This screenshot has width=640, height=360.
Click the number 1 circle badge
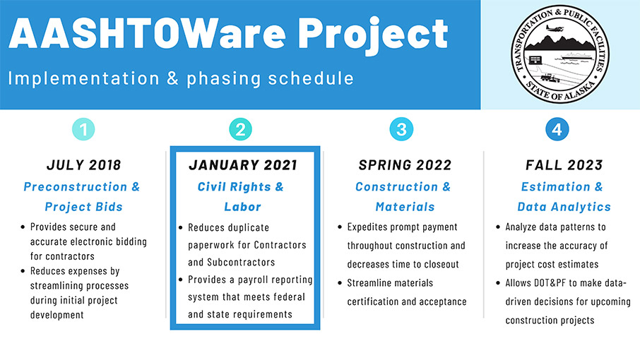83,129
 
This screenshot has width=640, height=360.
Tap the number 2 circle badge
240,129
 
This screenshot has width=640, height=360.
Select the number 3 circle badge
401,129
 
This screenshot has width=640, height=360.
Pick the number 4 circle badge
557,129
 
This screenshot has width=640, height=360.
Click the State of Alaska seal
560,54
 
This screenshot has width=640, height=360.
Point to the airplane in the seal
555,28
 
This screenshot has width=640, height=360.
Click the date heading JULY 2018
83,164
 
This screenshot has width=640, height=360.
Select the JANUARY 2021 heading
243,164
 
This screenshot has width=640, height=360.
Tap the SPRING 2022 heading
405,164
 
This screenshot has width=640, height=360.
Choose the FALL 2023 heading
564,164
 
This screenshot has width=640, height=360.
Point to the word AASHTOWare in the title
147,32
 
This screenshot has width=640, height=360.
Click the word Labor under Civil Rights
242,207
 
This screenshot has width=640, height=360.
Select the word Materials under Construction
405,207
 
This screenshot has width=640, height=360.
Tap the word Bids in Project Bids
109,207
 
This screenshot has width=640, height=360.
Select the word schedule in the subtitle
310,78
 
